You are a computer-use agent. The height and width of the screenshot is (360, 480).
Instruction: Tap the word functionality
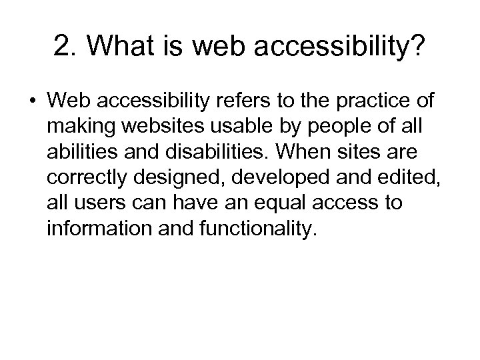(x=255, y=227)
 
